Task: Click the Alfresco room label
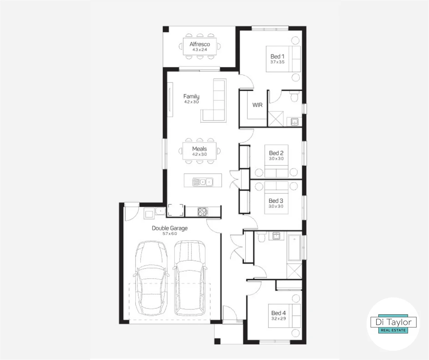200,44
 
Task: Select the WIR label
257,105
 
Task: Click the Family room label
191,97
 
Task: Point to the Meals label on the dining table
199,149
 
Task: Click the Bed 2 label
276,153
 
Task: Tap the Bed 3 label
276,201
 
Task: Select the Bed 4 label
278,313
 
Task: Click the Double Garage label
170,228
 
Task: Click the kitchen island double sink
203,182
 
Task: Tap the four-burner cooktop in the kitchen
203,211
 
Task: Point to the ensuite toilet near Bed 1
294,97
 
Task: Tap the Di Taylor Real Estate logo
393,324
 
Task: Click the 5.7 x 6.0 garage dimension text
170,234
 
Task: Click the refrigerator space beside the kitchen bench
176,210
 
